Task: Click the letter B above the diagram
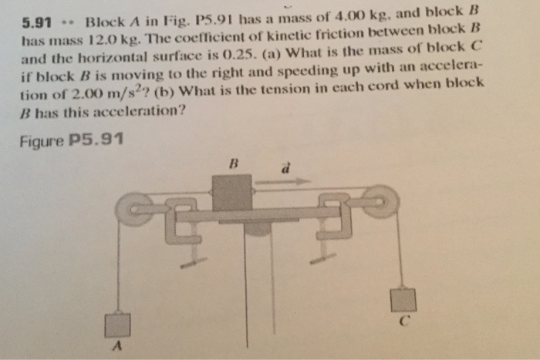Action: (230, 164)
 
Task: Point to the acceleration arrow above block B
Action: (282, 183)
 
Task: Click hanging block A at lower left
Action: (117, 324)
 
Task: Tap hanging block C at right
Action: (403, 300)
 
